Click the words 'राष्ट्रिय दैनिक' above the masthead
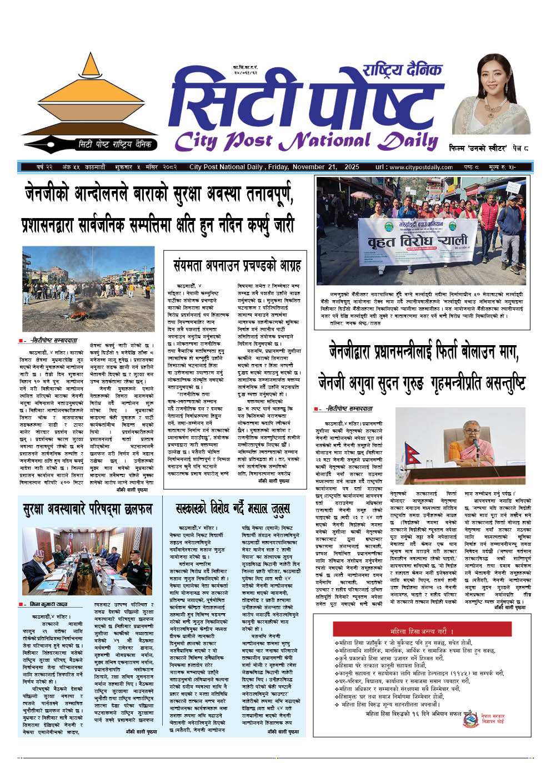(x=403, y=69)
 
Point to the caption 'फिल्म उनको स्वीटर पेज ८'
(x=489, y=149)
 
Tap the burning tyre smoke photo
(x=88, y=289)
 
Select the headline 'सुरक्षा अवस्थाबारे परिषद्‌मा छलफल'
(x=87, y=509)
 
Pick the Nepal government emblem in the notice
(x=470, y=719)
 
